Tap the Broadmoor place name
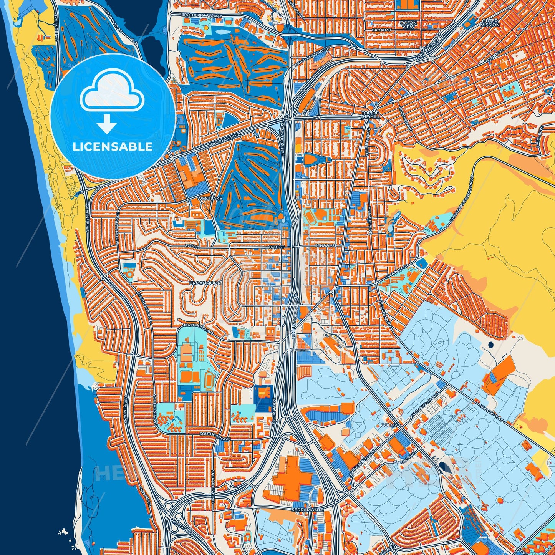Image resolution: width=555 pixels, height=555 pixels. (205, 283)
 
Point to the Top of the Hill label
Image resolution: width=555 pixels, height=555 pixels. (370, 114)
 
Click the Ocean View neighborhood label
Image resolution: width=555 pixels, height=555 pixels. (408, 25)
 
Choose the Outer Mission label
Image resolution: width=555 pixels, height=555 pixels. (490, 23)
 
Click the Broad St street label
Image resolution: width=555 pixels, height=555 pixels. (381, 30)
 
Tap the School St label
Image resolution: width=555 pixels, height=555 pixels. (325, 245)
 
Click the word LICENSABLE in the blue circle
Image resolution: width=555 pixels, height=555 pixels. (113, 147)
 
